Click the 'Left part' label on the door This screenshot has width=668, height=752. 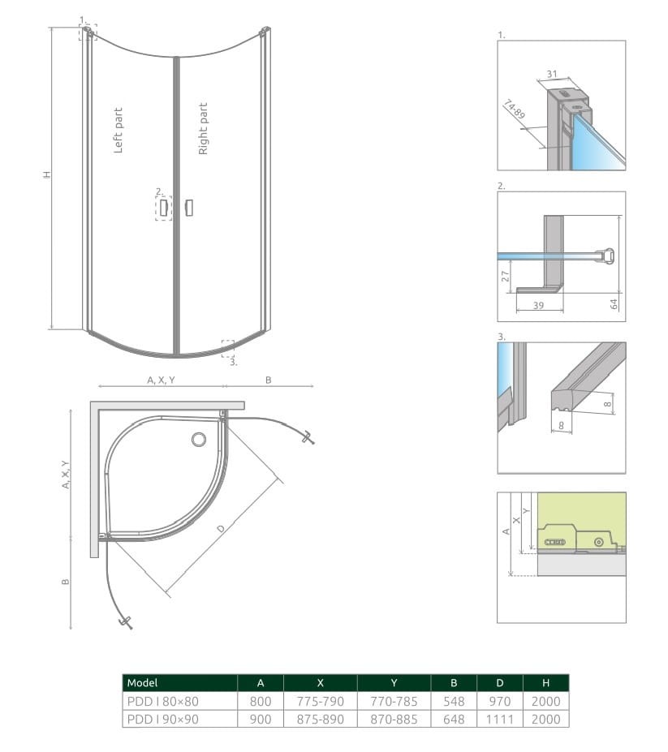118,131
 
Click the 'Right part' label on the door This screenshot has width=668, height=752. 203,128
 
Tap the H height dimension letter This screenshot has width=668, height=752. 46,174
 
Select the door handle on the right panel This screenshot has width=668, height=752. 189,208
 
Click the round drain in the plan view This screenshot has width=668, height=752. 199,440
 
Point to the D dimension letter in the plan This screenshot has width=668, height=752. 220,529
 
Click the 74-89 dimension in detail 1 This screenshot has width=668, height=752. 514,110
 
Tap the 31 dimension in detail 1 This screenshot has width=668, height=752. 552,74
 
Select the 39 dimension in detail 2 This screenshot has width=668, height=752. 538,305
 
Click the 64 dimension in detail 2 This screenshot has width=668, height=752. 614,303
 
